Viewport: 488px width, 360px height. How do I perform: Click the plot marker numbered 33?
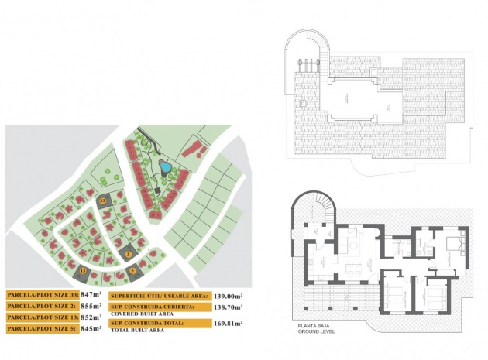click(103, 201)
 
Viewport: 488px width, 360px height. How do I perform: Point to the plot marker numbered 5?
click(133, 270)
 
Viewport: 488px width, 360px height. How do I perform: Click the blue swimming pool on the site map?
click(164, 166)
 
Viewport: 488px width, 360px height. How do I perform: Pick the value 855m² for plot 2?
click(91, 307)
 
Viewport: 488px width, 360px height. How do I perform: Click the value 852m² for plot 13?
click(91, 317)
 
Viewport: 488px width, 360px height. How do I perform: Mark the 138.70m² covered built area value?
click(228, 307)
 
